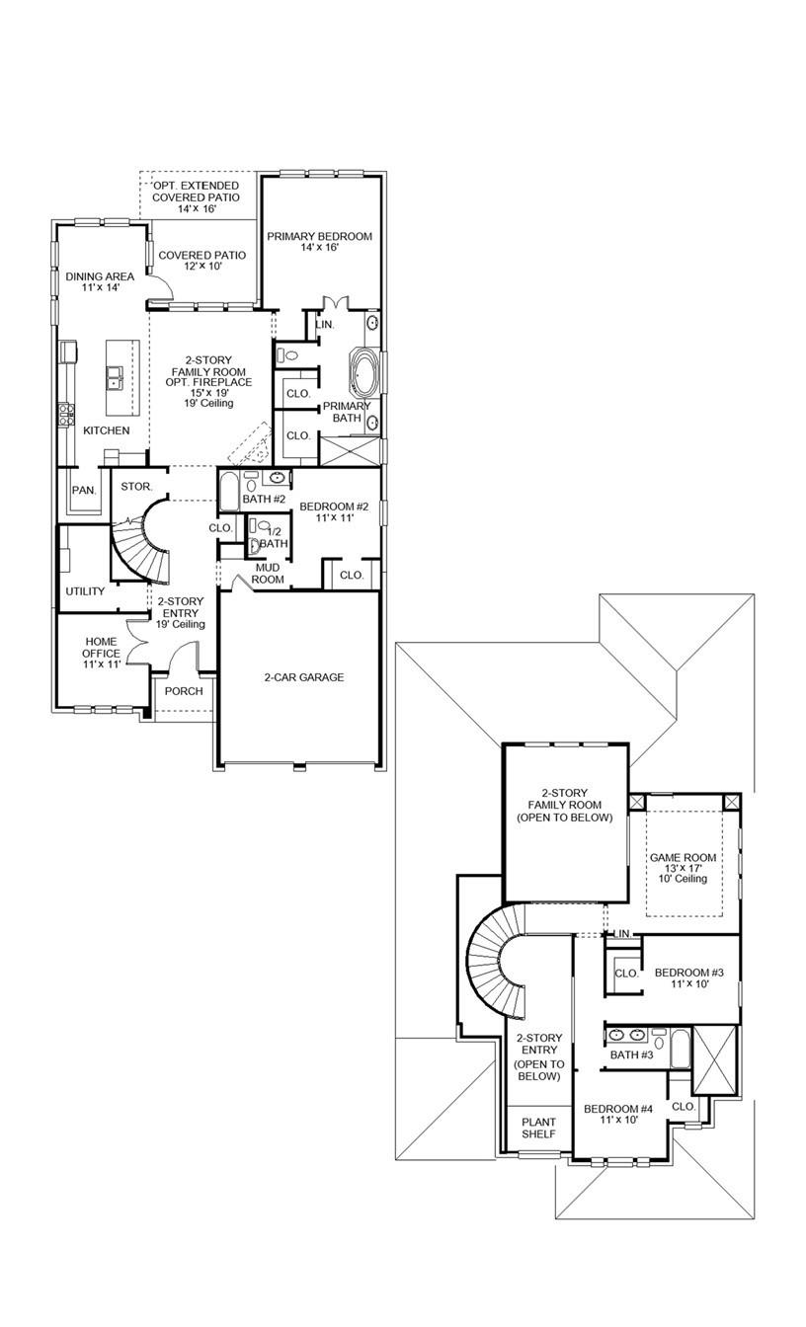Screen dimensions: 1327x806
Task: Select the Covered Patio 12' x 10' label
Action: pyautogui.click(x=202, y=261)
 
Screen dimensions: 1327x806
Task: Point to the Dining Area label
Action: pyautogui.click(x=100, y=282)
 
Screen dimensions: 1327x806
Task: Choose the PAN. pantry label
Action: pyautogui.click(x=83, y=490)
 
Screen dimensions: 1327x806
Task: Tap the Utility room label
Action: pyautogui.click(x=85, y=591)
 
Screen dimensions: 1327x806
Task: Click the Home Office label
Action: pyautogui.click(x=101, y=653)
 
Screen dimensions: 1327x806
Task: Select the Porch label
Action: pyautogui.click(x=184, y=691)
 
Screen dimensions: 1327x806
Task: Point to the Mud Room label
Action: pyautogui.click(x=270, y=574)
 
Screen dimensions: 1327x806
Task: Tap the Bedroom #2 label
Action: pyautogui.click(x=334, y=512)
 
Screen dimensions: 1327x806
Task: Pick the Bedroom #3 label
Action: pyautogui.click(x=688, y=978)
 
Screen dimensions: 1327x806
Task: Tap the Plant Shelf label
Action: pyautogui.click(x=538, y=1128)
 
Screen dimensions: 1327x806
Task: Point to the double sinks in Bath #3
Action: pyautogui.click(x=627, y=1036)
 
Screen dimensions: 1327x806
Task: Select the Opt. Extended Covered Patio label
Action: pyautogui.click(x=196, y=197)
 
